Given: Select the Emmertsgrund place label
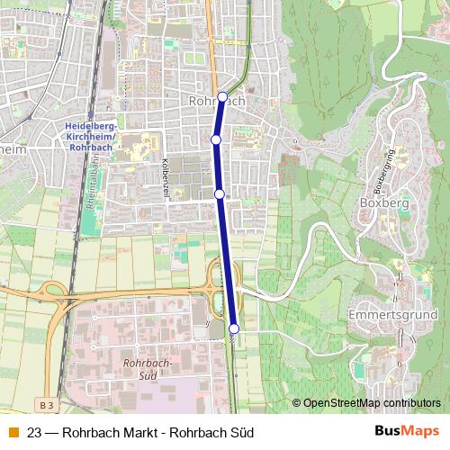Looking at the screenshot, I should (392, 316).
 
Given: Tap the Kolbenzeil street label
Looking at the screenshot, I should (165, 169).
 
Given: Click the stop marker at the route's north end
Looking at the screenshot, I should (222, 97).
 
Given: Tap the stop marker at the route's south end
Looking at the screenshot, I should (234, 329).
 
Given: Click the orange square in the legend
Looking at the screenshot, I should (13, 433).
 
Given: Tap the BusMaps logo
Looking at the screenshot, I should (407, 432).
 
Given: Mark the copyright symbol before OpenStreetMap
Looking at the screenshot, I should (297, 403).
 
